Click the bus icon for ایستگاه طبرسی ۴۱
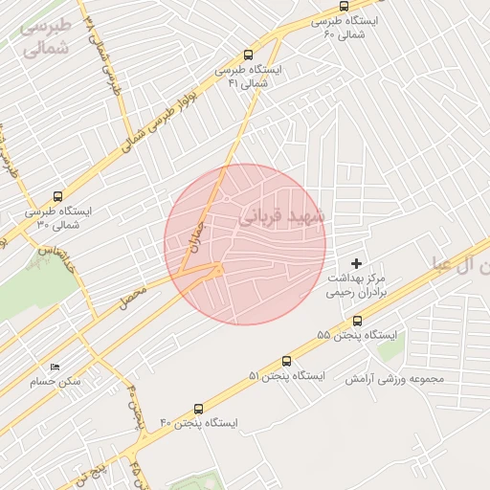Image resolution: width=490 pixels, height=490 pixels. click(249, 56)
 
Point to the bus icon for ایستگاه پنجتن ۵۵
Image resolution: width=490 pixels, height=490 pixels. click(358, 322)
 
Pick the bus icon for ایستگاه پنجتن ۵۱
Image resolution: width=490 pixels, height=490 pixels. click(285, 363)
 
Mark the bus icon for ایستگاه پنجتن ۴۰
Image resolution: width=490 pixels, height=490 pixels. click(198, 409)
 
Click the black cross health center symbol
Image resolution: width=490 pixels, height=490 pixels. click(358, 262)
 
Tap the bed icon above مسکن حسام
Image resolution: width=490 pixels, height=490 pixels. click(55, 367)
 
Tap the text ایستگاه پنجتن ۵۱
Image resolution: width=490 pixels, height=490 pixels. click(286, 376)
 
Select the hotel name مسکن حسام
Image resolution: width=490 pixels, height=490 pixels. click(56, 381)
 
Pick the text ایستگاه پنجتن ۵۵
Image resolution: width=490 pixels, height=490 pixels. click(357, 336)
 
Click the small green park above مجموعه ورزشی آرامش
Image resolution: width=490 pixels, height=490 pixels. click(390, 346)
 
